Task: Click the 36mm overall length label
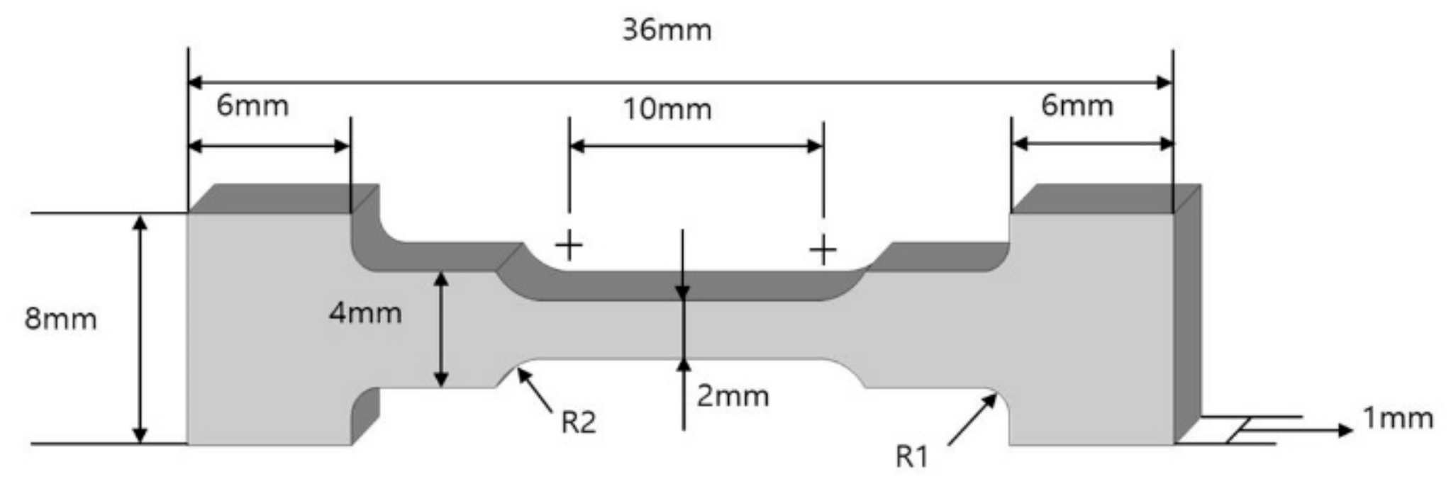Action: click(x=666, y=30)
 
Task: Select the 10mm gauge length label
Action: click(x=667, y=110)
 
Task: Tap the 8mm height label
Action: click(x=60, y=320)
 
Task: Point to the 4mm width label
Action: click(x=365, y=313)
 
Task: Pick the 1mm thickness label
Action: click(x=1398, y=419)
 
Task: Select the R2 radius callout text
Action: click(x=578, y=423)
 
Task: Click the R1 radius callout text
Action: click(x=911, y=458)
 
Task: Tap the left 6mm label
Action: click(x=252, y=106)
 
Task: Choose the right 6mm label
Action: click(x=1077, y=106)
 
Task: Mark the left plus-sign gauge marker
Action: click(x=569, y=247)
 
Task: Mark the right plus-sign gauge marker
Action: click(x=823, y=249)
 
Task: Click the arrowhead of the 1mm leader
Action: click(x=1345, y=430)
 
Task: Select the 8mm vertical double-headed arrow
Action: click(x=140, y=329)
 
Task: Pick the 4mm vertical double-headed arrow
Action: click(x=441, y=329)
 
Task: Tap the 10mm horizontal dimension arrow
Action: click(x=696, y=147)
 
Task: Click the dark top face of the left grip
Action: click(x=284, y=198)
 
